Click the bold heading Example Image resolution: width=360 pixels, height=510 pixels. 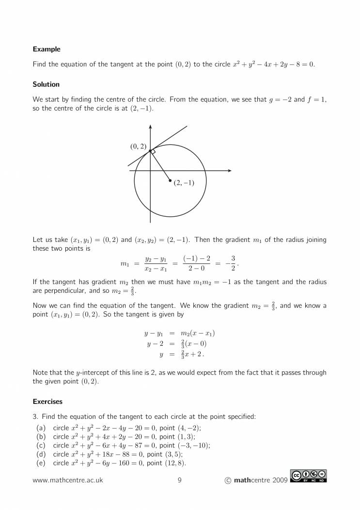tap(47, 49)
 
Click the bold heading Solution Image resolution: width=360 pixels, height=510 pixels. tap(46, 84)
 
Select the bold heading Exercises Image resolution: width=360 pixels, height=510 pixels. tap(47, 401)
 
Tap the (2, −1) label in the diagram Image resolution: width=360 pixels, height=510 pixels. tap(184, 183)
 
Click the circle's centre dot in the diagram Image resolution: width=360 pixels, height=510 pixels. tap(170, 181)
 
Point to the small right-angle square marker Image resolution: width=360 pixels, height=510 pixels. tap(153, 152)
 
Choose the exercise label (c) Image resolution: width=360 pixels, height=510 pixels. tap(41, 445)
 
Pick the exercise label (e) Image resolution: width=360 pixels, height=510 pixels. tap(41, 463)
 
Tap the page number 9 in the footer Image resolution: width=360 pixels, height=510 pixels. tap(179, 480)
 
